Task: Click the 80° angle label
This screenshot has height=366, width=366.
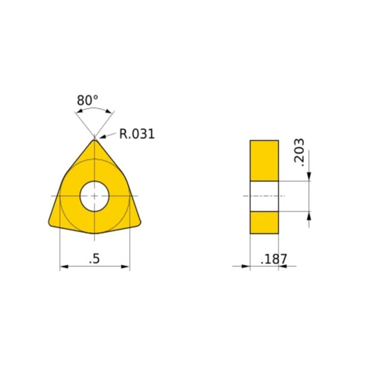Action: click(x=87, y=101)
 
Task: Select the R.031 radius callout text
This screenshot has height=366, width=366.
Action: click(x=137, y=134)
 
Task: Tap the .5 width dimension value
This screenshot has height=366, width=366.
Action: click(x=95, y=258)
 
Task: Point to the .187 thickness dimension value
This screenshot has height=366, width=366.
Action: click(x=274, y=259)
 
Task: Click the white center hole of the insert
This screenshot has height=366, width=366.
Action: click(x=95, y=196)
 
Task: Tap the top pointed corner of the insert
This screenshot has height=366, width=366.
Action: click(x=94, y=140)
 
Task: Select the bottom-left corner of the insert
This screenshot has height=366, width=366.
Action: click(x=50, y=224)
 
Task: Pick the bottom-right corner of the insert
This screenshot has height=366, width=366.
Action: click(x=139, y=223)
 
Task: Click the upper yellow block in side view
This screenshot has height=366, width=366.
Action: click(x=264, y=161)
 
